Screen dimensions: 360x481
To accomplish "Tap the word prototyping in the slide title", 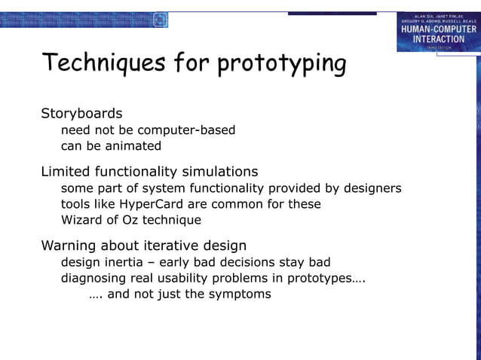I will tap(281, 65).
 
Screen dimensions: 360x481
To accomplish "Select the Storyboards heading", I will tap(81, 114).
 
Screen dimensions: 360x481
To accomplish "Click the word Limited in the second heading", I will tap(66, 171).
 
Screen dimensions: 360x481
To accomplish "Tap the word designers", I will tap(370, 188).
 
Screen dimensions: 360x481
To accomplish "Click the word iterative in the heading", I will tap(160, 246).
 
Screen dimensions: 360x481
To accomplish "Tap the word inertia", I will tap(123, 262).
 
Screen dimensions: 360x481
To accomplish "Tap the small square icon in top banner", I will tap(160, 20).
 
